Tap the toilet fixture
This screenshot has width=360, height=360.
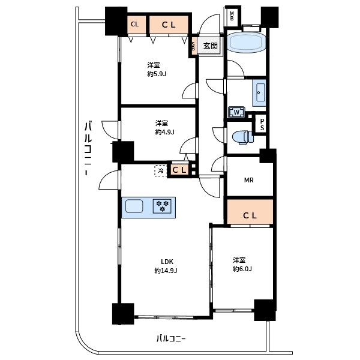[242, 137]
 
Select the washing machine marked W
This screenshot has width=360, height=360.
[236, 112]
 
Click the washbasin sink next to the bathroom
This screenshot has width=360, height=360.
[259, 92]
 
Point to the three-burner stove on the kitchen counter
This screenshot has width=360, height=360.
[163, 206]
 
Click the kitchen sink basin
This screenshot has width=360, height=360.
[134, 206]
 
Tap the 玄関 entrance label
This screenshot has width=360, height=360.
[211, 46]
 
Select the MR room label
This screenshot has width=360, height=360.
[249, 180]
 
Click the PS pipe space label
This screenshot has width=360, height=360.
[262, 125]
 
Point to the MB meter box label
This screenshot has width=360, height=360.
[232, 16]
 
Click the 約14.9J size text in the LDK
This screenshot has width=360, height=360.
[166, 271]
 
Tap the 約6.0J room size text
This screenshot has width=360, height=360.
[242, 269]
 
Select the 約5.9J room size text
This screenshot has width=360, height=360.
[157, 74]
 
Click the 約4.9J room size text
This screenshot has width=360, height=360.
[164, 132]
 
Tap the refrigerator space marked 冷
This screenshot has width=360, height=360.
[161, 171]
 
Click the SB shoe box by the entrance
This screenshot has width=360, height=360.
[193, 46]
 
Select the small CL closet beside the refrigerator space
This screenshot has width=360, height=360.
[179, 170]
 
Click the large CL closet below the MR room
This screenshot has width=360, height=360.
[250, 212]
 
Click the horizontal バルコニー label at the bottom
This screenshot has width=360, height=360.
[171, 338]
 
